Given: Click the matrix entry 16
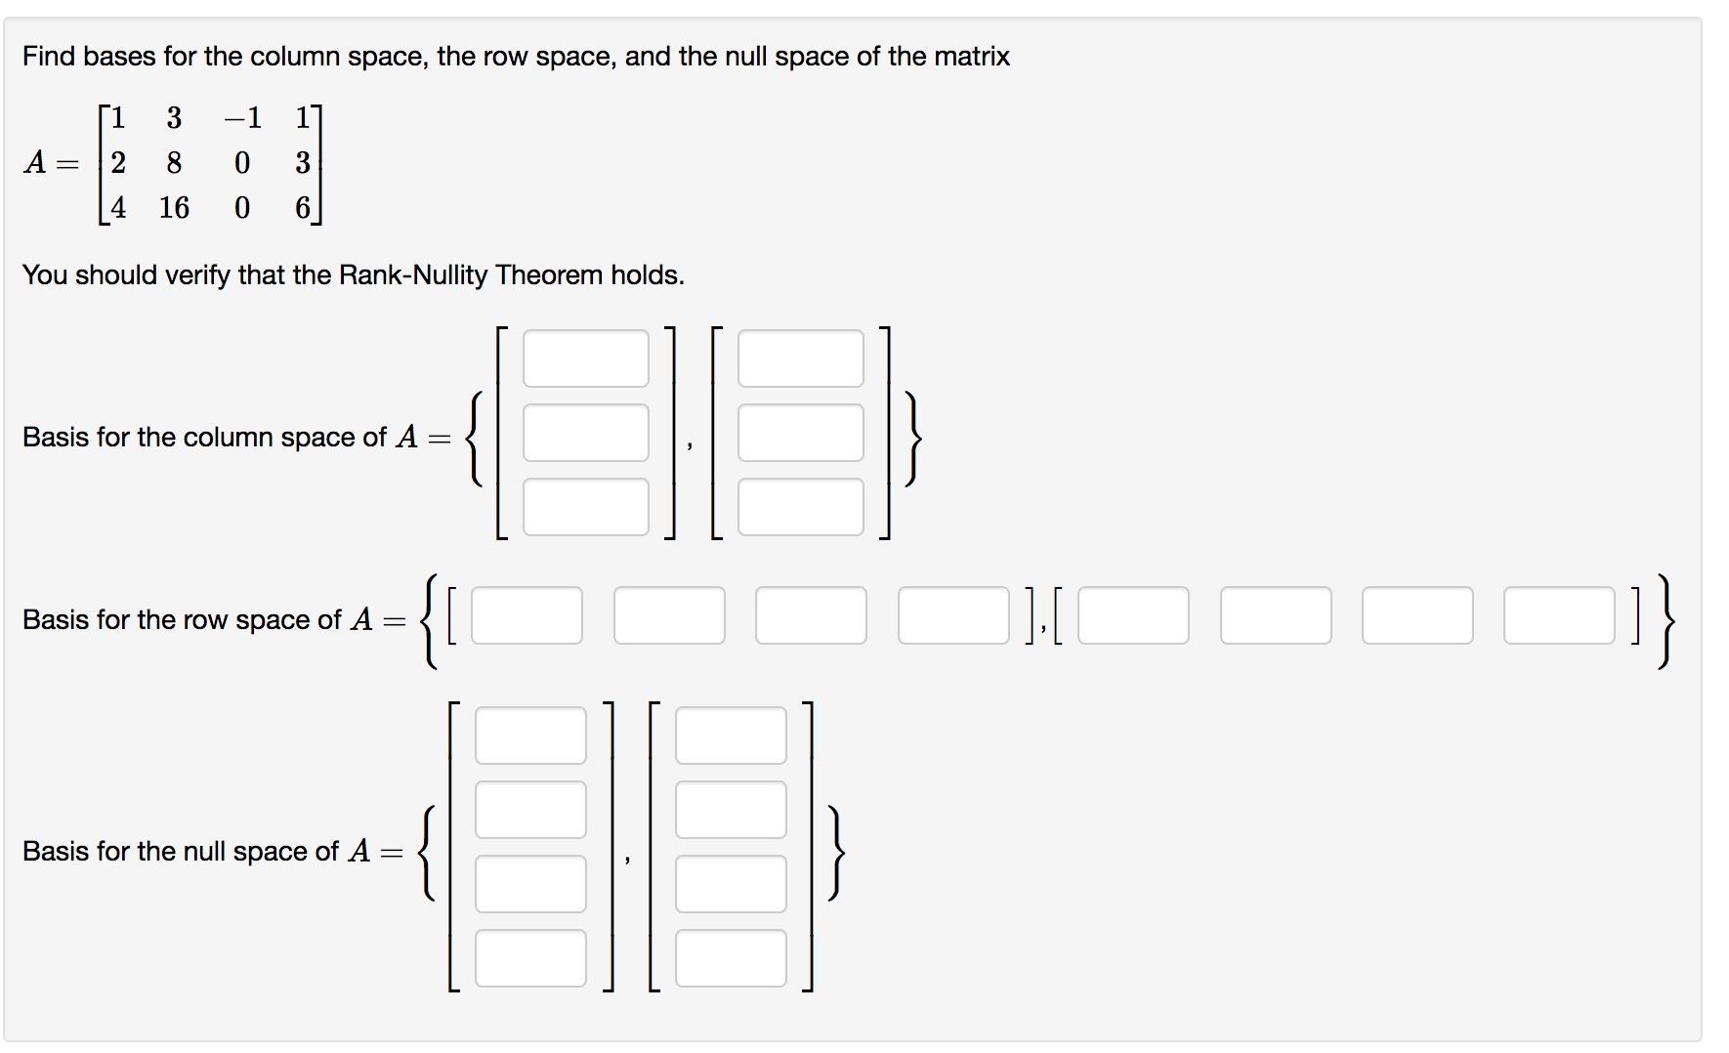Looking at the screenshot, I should (174, 208).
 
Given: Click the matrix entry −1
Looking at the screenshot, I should (242, 118).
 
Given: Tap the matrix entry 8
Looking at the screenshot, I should (174, 163).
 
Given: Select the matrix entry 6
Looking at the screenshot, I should (303, 208).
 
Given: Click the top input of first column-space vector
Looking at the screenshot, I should (585, 358).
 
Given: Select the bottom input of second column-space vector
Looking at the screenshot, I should (800, 507).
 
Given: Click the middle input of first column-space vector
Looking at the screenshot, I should (585, 433).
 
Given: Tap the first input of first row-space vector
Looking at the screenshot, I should (527, 615).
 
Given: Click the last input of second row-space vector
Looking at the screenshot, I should (1559, 615).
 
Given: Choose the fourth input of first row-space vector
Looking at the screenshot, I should (953, 615).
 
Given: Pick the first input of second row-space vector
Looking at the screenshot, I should (1133, 615).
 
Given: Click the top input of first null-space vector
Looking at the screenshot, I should (530, 736).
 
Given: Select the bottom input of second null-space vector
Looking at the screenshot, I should (731, 958).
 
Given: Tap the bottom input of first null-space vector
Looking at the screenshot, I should (530, 958).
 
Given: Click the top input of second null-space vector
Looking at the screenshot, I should (731, 736).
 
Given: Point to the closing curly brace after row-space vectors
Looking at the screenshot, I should (1666, 621).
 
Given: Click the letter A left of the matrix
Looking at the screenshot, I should (35, 163).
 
